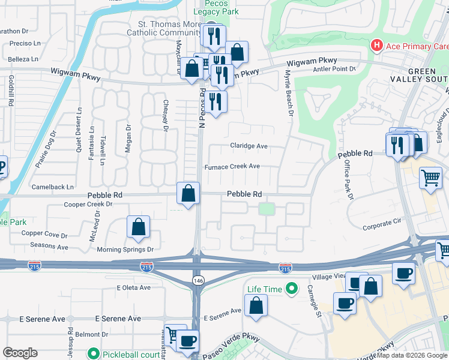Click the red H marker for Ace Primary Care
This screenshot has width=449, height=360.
click(377, 46)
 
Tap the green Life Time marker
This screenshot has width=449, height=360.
click(292, 289)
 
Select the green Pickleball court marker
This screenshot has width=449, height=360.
click(92, 354)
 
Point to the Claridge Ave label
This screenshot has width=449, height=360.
click(249, 146)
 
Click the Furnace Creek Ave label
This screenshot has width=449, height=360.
click(232, 166)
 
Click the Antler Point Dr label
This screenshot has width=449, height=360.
click(334, 69)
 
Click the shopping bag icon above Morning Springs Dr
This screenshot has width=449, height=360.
click(138, 227)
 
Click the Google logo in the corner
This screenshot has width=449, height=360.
click(20, 353)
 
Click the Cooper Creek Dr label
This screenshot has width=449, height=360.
click(88, 204)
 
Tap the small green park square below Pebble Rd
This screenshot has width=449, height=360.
click(266, 209)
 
